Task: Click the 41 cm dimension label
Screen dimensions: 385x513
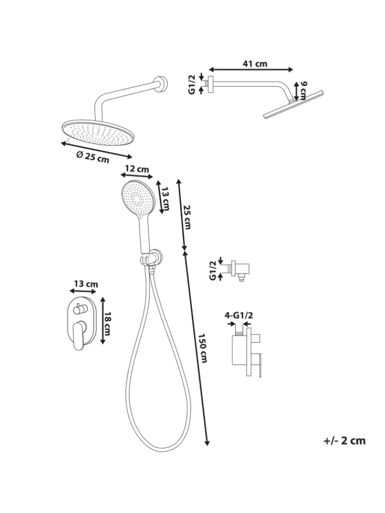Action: [x=255, y=64]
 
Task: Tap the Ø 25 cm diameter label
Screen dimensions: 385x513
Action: [x=93, y=157]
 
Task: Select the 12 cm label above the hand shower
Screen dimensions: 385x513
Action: [x=137, y=169]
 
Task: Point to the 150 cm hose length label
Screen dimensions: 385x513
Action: [x=203, y=348]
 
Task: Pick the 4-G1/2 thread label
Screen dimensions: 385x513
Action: [x=239, y=315]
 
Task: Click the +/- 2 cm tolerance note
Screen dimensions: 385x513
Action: [x=344, y=441]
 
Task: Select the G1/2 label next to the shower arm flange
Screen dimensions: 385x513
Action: [x=192, y=84]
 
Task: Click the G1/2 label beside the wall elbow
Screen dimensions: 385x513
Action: [x=213, y=270]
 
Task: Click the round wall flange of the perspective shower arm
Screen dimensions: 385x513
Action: [x=161, y=83]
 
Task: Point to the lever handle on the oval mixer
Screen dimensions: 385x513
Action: [x=79, y=336]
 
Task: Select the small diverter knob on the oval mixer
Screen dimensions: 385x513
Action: [x=79, y=308]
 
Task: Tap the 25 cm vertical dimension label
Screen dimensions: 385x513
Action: [x=187, y=217]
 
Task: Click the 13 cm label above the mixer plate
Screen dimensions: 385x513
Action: [x=86, y=284]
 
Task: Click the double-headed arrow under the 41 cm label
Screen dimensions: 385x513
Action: [x=251, y=69]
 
